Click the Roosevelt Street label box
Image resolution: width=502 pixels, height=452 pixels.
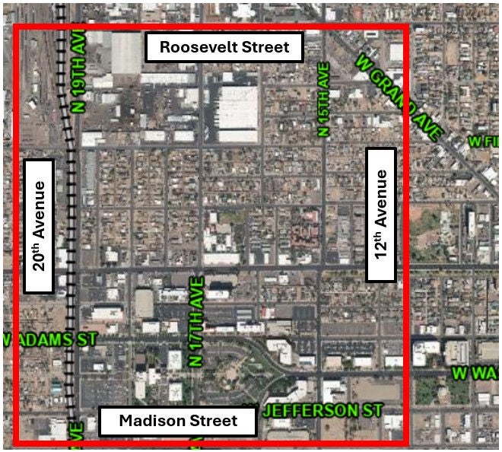(x=224, y=48)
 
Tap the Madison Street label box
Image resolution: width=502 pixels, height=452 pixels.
(x=178, y=421)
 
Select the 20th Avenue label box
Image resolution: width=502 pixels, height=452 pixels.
(x=40, y=226)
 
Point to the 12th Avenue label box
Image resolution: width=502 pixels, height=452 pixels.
(x=381, y=215)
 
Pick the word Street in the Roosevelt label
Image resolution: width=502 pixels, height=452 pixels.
(x=265, y=48)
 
